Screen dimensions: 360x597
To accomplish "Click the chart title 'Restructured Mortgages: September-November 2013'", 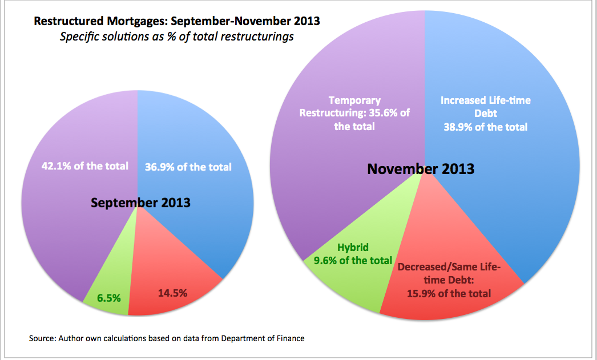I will click(x=177, y=22).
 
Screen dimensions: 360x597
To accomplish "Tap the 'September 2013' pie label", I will click(x=140, y=203).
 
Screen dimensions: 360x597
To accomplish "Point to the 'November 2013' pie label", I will click(x=421, y=169).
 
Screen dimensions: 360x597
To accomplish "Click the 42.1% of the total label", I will click(x=85, y=166).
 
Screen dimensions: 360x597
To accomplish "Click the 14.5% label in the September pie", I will click(x=172, y=293).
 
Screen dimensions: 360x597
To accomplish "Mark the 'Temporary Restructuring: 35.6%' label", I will click(x=354, y=114).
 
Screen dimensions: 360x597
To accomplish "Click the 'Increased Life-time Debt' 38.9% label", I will click(x=486, y=114).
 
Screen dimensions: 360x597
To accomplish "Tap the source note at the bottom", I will click(x=167, y=338).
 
